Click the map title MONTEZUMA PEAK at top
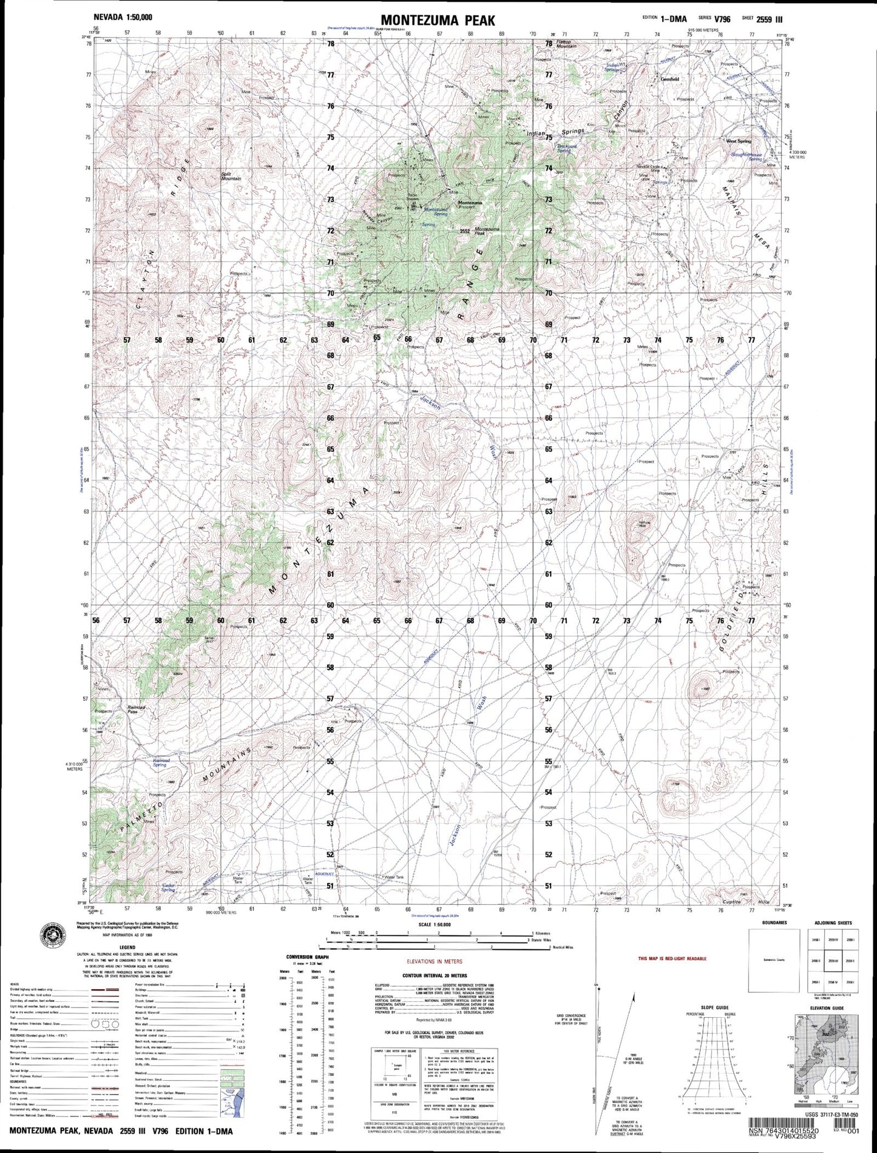tap(438, 21)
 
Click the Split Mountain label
tap(231, 176)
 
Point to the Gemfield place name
tap(669, 79)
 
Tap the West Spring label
tap(739, 141)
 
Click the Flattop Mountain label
tap(566, 45)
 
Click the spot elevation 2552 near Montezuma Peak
tap(466, 230)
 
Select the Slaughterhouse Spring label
tap(747, 156)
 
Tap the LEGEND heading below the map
tap(127, 947)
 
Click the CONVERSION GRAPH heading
tap(307, 957)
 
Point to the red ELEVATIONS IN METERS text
tap(434, 961)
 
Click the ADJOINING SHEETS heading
tap(833, 923)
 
